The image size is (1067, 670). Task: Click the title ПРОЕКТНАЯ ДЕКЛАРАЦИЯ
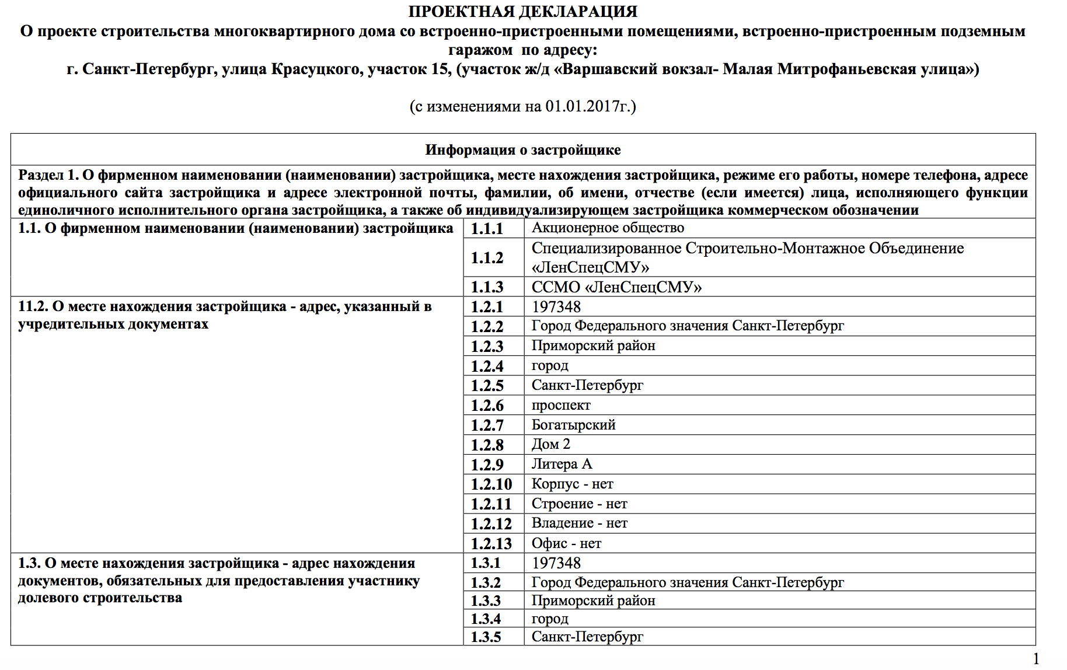(x=522, y=12)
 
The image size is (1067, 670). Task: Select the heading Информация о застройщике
(x=522, y=150)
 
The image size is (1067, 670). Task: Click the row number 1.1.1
(x=487, y=229)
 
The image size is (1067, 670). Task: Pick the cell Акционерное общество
(x=608, y=228)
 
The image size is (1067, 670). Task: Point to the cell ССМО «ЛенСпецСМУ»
(x=616, y=287)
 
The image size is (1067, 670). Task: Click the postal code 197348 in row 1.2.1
(x=556, y=307)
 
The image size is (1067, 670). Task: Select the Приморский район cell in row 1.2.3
(x=593, y=346)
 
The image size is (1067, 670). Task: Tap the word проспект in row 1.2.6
(x=561, y=405)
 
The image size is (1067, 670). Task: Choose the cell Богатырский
(x=573, y=425)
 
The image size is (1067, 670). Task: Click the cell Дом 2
(x=550, y=445)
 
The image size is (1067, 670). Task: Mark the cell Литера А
(x=562, y=465)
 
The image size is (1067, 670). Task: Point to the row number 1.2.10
(x=491, y=484)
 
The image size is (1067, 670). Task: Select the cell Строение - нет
(x=579, y=504)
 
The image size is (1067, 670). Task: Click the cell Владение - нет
(x=579, y=524)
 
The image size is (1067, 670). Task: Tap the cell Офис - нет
(x=566, y=543)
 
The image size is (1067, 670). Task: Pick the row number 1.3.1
(x=486, y=563)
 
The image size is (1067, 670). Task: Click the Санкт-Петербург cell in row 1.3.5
(x=587, y=637)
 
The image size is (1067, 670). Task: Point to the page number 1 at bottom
(x=1036, y=659)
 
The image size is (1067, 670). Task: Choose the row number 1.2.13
(x=491, y=544)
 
